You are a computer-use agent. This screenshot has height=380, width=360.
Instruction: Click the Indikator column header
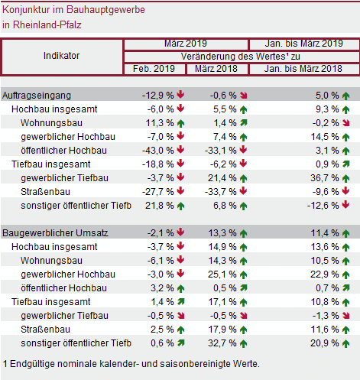coord(61,56)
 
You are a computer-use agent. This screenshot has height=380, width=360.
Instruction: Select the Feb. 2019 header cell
coord(154,69)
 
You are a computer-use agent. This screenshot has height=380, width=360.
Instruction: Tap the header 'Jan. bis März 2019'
coord(303,44)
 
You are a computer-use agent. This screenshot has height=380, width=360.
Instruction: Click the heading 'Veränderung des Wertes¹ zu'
coord(240,57)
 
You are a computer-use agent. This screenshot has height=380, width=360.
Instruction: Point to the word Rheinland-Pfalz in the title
coord(47,25)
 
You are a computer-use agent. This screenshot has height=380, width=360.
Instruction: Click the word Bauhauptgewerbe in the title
coord(105,10)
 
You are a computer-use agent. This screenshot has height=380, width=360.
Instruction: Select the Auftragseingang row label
coord(37,96)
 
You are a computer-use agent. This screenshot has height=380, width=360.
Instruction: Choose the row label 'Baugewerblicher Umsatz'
coord(55,233)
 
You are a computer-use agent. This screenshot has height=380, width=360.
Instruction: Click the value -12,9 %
coord(157,96)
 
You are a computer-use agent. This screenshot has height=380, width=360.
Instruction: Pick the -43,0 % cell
coord(157,151)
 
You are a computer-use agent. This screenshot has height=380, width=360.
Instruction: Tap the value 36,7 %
coord(325,178)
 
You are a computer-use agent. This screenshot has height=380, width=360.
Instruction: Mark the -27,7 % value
coord(157,192)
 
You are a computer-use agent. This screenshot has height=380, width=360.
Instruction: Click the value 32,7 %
coord(222,343)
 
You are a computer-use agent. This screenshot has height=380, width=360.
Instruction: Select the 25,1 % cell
coord(222,274)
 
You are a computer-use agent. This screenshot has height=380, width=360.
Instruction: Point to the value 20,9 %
coord(325,343)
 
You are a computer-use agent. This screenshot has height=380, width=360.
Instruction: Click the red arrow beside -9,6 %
coord(345,191)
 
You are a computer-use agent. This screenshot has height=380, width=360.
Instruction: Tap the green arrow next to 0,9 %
coord(345,164)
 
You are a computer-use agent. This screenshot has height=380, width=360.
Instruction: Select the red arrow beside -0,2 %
coord(346,123)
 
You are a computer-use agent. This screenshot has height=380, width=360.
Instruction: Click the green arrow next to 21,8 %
coord(180,206)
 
